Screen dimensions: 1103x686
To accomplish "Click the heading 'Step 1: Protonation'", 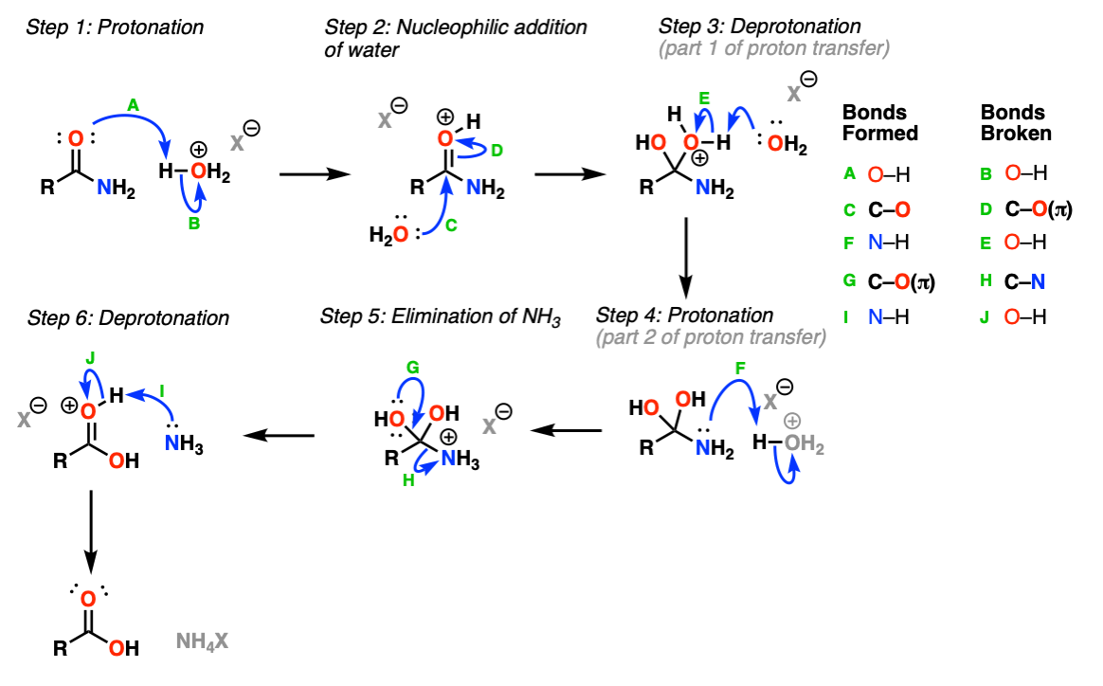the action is tap(115, 27).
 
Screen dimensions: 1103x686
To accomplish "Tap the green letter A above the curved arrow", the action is tap(133, 105).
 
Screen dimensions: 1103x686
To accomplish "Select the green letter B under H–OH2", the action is tap(194, 224).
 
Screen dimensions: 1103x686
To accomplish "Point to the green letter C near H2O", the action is tap(451, 226).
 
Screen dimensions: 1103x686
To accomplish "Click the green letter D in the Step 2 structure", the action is tap(497, 150).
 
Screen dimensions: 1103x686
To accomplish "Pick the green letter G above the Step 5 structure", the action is tap(413, 368).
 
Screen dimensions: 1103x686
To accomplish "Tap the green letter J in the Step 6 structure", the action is tap(90, 358).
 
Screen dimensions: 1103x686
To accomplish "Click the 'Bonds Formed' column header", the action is tap(880, 122).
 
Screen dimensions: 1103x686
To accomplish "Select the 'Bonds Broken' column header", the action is tap(1016, 122).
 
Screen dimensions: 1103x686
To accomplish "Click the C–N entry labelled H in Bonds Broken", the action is tap(1025, 281).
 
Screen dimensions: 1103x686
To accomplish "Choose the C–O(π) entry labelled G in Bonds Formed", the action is tap(901, 281).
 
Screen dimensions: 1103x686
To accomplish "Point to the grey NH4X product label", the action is tap(202, 641).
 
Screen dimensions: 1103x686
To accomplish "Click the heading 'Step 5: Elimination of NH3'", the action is tap(441, 317).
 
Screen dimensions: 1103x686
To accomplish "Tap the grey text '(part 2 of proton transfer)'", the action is tap(712, 337).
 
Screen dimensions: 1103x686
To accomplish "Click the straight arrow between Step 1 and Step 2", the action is tap(315, 173).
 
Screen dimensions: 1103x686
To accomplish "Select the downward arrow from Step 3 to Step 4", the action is tap(686, 258).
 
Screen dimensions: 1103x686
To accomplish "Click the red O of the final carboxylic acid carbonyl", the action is tap(88, 599).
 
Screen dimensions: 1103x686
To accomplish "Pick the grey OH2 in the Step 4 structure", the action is tap(805, 444).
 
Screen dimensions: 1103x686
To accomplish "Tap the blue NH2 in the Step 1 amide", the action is tap(116, 188).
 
